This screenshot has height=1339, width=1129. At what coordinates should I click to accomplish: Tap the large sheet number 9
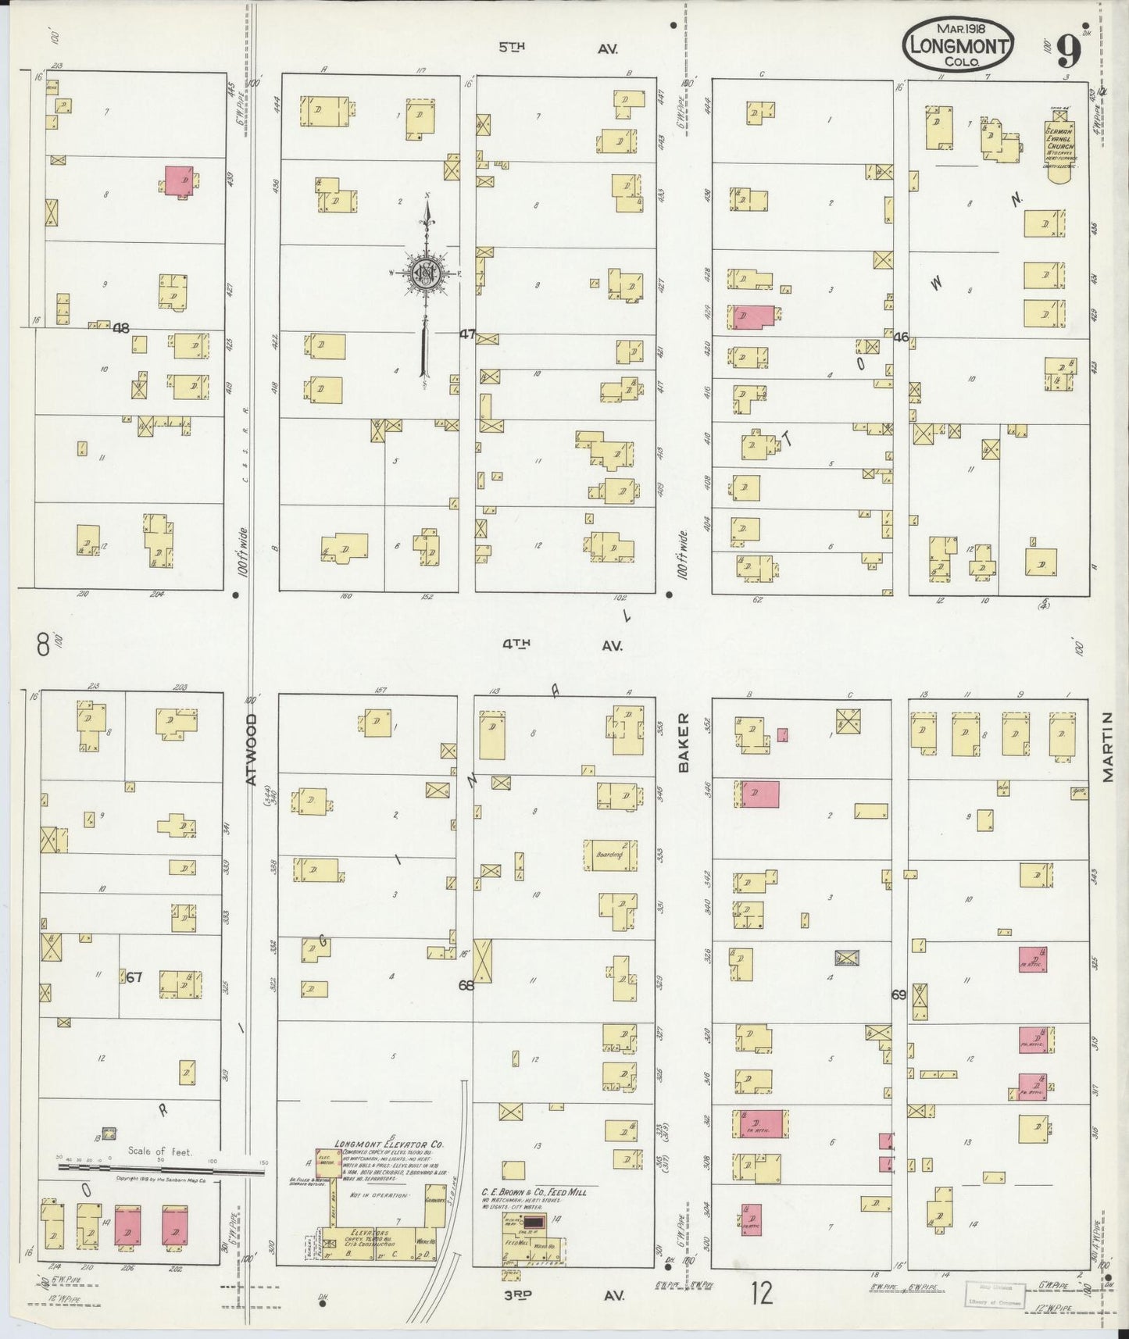coord(1069,52)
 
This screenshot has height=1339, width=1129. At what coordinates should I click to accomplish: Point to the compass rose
coord(426,273)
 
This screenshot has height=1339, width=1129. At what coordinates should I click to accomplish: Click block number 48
coord(121,328)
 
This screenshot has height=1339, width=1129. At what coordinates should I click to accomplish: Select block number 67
coord(134,976)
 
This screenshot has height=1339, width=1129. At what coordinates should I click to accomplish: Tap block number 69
coord(899,995)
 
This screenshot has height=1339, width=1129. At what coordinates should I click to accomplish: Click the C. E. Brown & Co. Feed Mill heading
coord(533,1192)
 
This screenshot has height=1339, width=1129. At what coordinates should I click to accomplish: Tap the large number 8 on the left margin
coord(42,645)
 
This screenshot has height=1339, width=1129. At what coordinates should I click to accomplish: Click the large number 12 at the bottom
coord(762,1293)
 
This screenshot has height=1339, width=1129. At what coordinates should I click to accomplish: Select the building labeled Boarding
coord(610,855)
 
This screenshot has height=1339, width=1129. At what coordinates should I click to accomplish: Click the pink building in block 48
coord(180,180)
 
